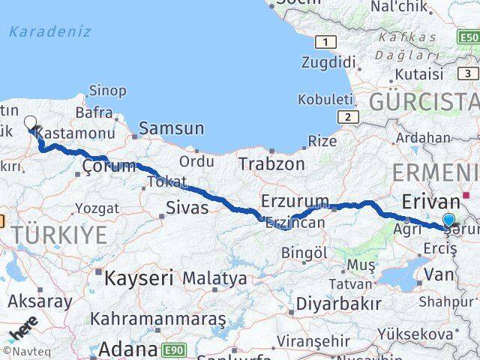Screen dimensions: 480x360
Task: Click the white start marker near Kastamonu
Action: [31, 122]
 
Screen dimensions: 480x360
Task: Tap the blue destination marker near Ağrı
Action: [449, 220]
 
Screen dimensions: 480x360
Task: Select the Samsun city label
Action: [171, 128]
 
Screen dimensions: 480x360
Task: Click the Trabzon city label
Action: [271, 163]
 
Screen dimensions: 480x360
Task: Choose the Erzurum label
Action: [295, 201]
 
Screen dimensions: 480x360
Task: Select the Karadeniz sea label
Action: [50, 31]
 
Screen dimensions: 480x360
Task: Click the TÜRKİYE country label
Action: [58, 235]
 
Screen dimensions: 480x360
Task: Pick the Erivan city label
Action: [430, 202]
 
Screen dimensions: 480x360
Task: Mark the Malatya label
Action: [214, 278]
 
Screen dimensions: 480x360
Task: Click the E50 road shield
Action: [468, 37]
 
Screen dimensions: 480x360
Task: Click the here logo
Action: [23, 332]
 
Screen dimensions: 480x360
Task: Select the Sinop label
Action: [107, 91]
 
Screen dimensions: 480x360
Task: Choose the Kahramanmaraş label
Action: [157, 319]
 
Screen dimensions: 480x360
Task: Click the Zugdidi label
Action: [328, 62]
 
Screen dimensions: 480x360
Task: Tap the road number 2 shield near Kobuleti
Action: [346, 117]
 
